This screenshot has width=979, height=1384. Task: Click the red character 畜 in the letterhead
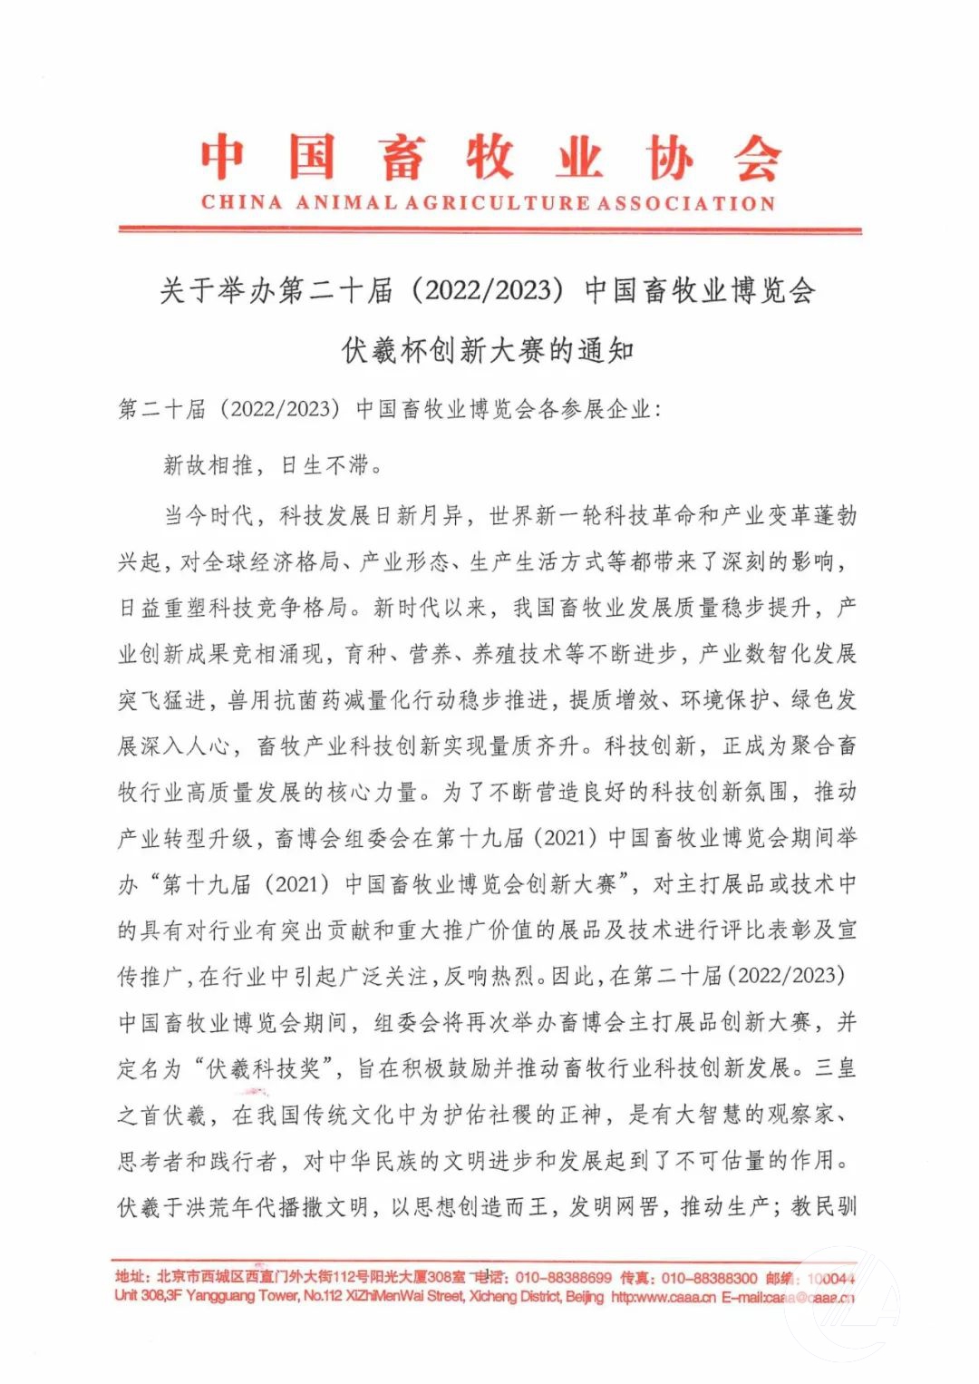402,158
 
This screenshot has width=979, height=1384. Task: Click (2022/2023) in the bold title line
488,290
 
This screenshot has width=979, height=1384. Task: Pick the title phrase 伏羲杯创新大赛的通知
488,350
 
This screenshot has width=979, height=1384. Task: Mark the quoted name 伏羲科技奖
264,1068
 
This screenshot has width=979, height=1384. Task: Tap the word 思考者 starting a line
150,1161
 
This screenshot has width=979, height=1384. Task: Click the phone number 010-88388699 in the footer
563,1278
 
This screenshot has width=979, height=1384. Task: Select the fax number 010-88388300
710,1278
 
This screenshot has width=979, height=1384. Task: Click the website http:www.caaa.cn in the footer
664,1297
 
